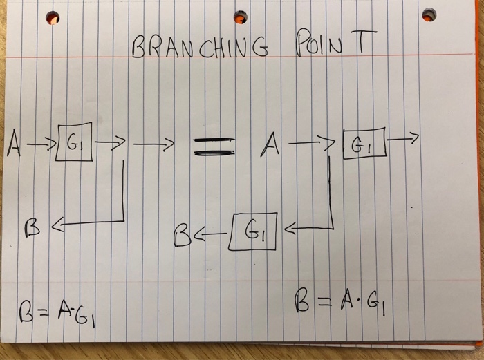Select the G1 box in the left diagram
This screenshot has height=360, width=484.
coord(75,142)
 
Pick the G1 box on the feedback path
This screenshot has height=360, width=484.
coord(252,231)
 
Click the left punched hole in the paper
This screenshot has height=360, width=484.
coord(53,18)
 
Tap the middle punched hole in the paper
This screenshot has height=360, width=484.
coord(241,17)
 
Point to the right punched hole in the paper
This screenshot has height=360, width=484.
coord(429,15)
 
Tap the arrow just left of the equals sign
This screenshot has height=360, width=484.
coord(153,144)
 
